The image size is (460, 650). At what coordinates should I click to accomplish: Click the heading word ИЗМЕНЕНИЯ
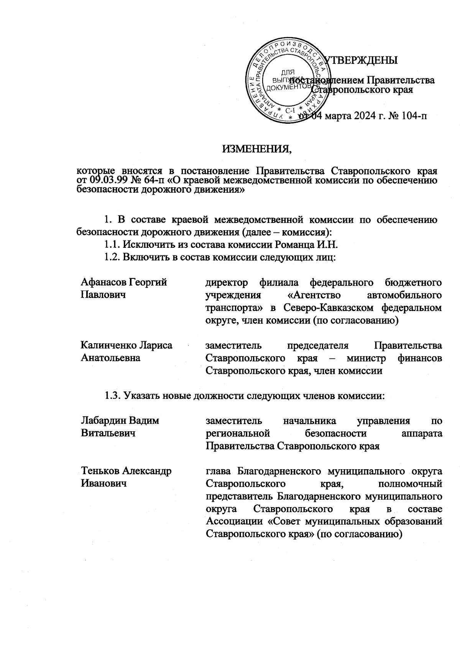pyautogui.click(x=257, y=148)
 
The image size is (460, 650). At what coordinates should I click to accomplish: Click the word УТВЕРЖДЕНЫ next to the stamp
pyautogui.click(x=360, y=61)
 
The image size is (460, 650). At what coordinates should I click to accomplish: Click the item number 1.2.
pyautogui.click(x=112, y=257)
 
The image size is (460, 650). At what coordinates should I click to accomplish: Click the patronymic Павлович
pyautogui.click(x=103, y=295)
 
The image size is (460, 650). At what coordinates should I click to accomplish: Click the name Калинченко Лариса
pyautogui.click(x=127, y=345)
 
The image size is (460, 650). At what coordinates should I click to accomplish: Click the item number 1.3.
pyautogui.click(x=112, y=396)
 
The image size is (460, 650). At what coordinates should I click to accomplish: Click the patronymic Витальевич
pyautogui.click(x=108, y=433)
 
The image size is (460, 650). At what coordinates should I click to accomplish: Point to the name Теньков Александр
pyautogui.click(x=126, y=471)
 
